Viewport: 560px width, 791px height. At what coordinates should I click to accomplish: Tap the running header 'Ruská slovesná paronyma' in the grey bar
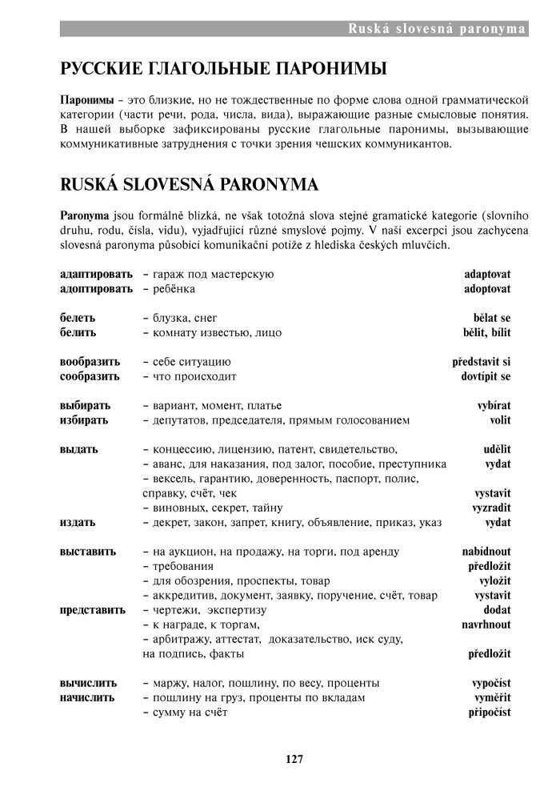[x=437, y=30]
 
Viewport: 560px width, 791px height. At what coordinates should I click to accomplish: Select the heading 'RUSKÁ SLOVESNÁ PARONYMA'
[x=190, y=185]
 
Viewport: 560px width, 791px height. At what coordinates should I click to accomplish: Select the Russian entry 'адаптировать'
[x=96, y=275]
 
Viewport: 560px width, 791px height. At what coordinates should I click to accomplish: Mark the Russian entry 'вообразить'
[x=90, y=362]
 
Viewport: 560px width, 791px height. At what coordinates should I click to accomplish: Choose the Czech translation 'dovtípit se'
[x=486, y=376]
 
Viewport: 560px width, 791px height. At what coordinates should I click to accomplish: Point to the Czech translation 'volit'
[x=500, y=420]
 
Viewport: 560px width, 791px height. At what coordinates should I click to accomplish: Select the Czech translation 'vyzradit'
[x=491, y=508]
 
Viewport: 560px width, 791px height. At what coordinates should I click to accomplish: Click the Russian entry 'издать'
[x=78, y=522]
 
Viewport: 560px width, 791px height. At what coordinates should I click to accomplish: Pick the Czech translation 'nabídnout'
[x=486, y=552]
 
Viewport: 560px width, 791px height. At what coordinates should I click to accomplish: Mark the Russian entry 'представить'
[x=93, y=610]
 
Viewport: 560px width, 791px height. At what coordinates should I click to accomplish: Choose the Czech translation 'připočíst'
[x=490, y=712]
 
